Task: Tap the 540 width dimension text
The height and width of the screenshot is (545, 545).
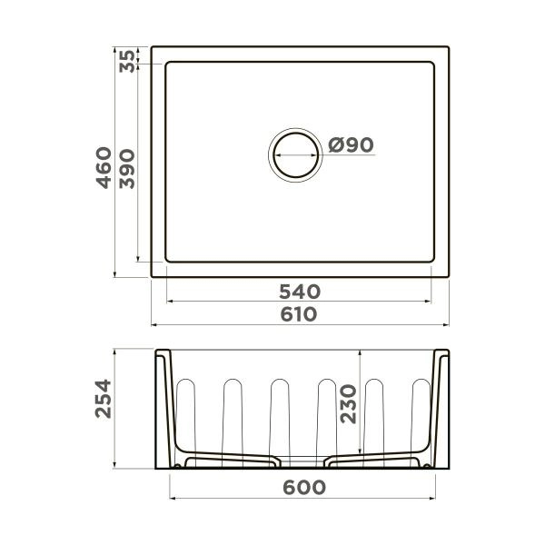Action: pos(299,292)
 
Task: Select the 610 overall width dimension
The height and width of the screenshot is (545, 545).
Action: pos(299,314)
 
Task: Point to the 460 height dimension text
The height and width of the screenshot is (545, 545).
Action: pos(105,167)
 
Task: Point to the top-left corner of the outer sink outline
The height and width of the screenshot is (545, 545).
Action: pos(152,46)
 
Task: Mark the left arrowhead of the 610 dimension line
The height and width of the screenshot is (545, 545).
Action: pos(154,324)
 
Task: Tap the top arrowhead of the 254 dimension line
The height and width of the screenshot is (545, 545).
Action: pos(116,352)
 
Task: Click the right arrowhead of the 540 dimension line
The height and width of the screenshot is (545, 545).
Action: pos(433,302)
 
